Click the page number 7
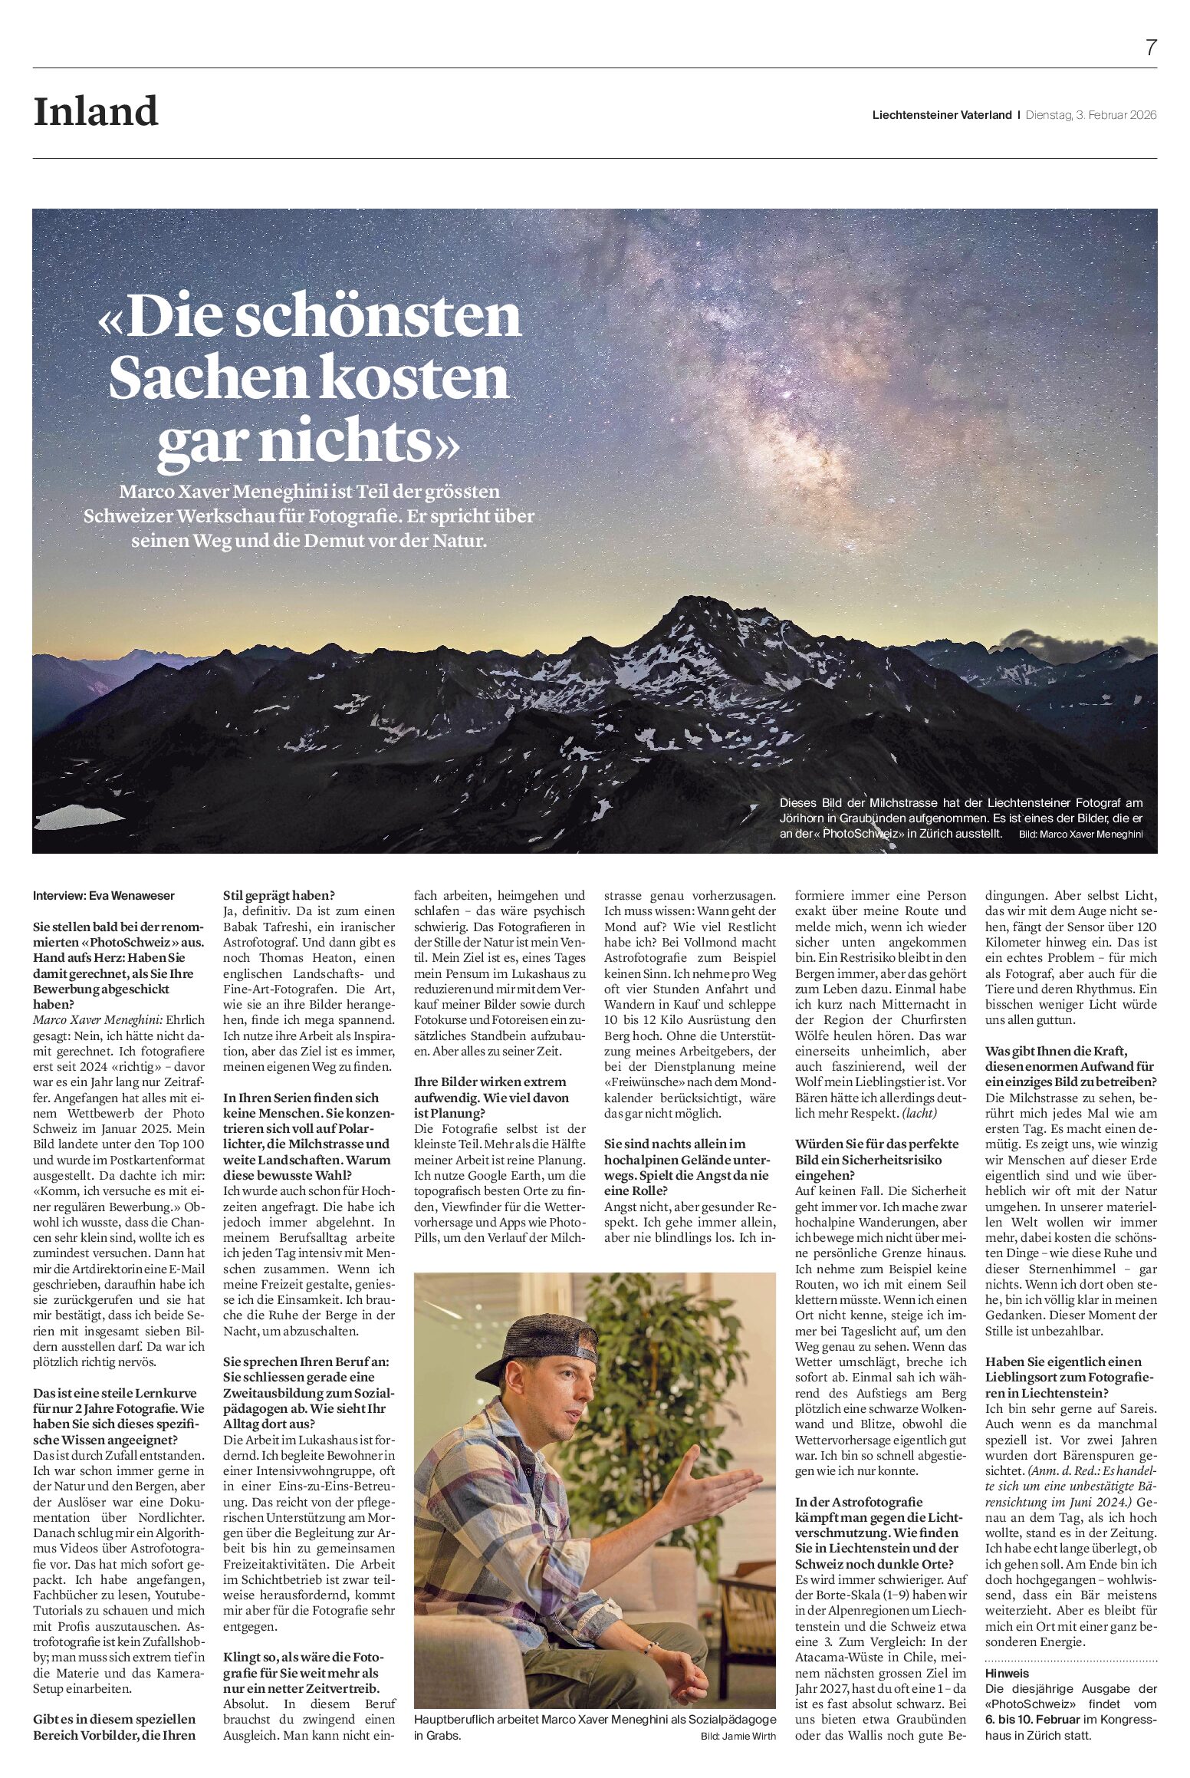pos(1150,48)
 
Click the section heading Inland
pos(96,112)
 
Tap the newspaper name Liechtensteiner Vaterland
pos(942,115)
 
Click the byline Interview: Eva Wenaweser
pos(104,895)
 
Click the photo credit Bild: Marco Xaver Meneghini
pos(1080,834)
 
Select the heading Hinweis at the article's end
pos(1007,1673)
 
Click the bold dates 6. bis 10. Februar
pos(1033,1719)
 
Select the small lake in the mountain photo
pos(77,816)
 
